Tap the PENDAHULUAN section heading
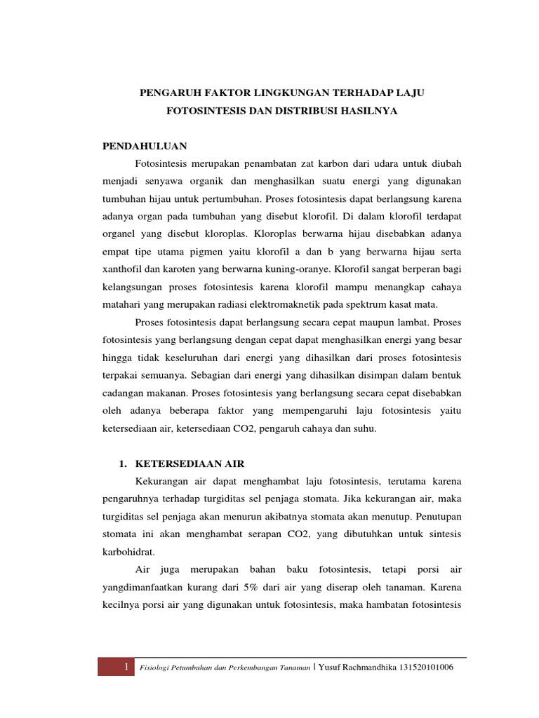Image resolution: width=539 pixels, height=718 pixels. click(145, 146)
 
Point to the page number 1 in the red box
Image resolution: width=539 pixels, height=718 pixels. click(125, 668)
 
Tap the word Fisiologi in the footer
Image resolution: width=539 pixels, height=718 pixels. click(157, 668)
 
